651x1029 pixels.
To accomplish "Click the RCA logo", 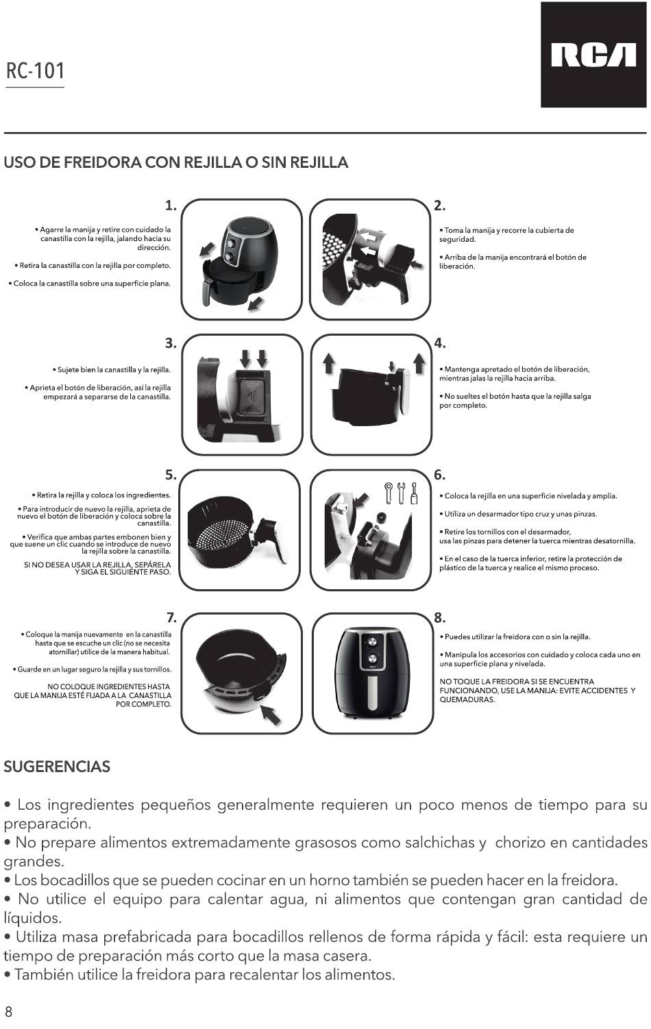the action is point(593,55).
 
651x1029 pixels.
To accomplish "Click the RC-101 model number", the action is point(35,71).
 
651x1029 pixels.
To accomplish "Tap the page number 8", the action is point(8,1011).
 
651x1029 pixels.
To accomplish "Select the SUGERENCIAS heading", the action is point(57,767).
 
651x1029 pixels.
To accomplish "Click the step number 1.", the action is point(171,206).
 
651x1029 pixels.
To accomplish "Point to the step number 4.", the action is point(440,343).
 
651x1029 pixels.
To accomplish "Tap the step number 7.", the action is point(171,618).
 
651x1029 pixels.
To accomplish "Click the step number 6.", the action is point(439,475).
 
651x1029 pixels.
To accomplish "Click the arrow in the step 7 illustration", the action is point(270,715).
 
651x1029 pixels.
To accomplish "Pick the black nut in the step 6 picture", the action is point(380,517).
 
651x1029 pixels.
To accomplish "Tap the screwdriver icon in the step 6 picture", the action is point(414,493).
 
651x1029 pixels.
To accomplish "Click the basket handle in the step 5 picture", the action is point(271,537).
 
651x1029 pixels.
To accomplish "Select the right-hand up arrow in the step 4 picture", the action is point(419,363).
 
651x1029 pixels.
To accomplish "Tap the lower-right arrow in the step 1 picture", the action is point(256,303).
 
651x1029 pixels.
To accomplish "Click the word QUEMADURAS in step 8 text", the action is point(467,699).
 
